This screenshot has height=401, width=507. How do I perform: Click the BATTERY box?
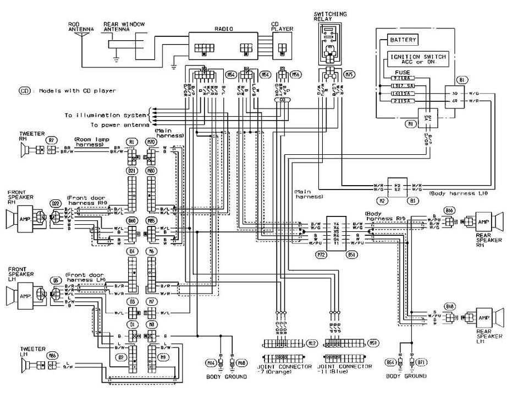click(403, 40)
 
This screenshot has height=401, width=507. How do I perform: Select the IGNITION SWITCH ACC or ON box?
click(418, 59)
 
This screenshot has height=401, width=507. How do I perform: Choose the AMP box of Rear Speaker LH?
click(482, 318)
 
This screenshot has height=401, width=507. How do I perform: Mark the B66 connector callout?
click(450, 210)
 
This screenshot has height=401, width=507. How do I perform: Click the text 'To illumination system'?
click(106, 115)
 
